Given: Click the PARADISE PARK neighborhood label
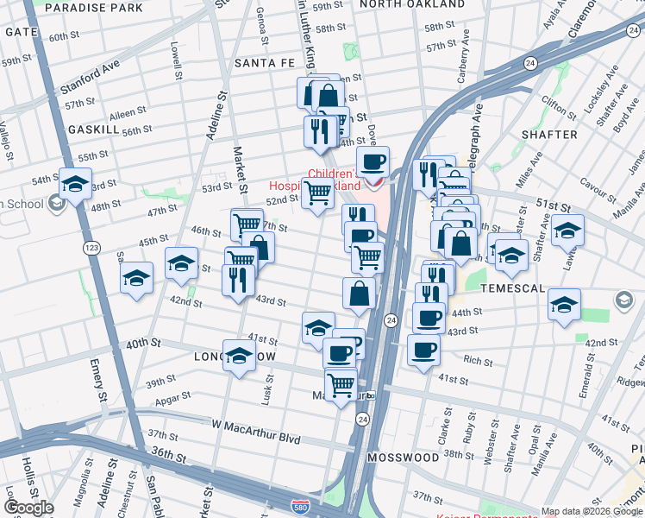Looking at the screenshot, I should [93, 8].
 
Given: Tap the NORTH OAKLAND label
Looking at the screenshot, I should [406, 4].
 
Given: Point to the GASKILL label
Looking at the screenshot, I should [93, 129].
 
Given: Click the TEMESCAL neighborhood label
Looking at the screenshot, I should [513, 287].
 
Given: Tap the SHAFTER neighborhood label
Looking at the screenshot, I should [549, 135].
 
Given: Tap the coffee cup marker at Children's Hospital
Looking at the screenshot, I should [373, 162].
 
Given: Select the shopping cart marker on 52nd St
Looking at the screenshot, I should [317, 194].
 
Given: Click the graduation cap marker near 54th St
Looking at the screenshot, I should [75, 184].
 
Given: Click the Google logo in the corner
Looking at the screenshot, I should [29, 508].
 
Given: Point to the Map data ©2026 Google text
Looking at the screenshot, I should [592, 511].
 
